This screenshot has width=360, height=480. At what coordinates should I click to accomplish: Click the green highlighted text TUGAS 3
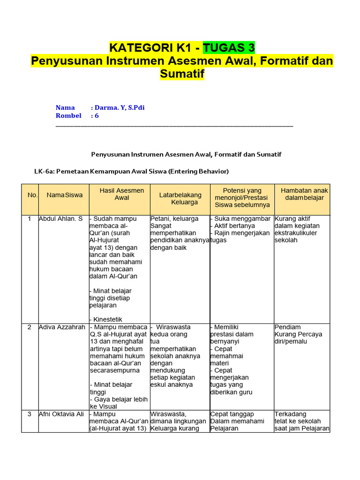coord(229,47)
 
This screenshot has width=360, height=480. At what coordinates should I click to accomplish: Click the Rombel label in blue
coord(68,115)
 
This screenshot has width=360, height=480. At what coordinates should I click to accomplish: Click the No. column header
coord(32,195)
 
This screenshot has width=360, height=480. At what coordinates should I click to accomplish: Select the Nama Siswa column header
coord(64,195)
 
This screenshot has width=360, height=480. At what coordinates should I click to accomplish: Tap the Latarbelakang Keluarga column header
coord(180,198)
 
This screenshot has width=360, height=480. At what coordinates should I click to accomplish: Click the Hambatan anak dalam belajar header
coord(304,194)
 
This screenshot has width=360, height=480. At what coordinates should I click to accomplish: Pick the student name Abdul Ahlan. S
coord(60,219)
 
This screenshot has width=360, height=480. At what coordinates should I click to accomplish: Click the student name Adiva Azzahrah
coord(62,327)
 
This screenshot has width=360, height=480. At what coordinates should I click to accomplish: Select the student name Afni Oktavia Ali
coord(61,414)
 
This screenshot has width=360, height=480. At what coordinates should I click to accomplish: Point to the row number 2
coord(30,327)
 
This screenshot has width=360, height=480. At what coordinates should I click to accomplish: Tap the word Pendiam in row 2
coord(288,327)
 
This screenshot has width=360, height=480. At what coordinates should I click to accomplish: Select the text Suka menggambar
coord(242,219)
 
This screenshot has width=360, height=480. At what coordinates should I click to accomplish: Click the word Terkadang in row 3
coord(290,414)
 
